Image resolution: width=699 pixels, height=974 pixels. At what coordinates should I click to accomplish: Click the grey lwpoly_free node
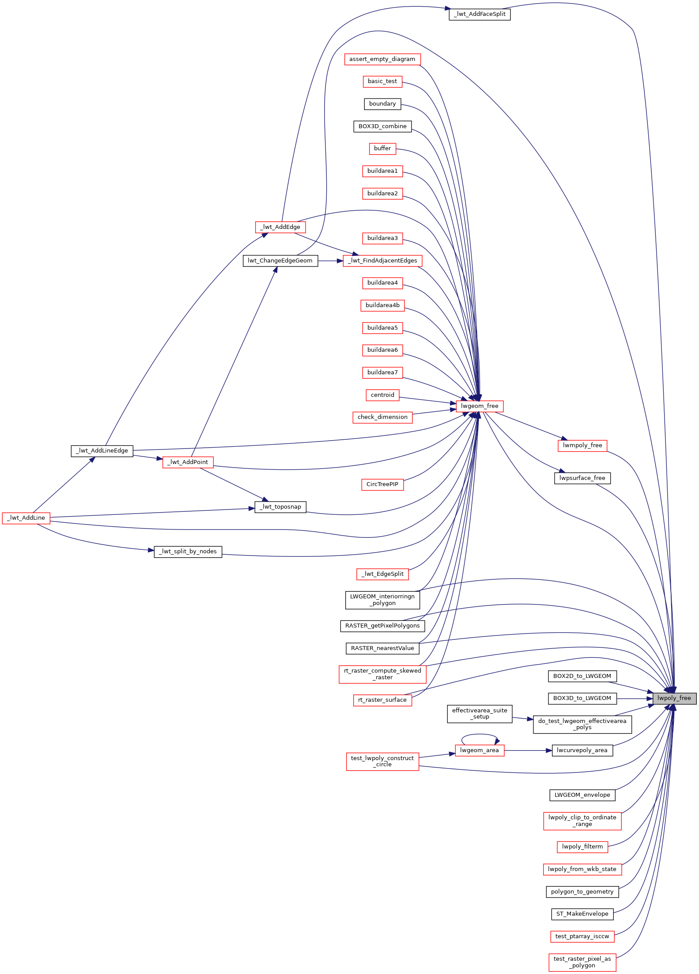point(674,698)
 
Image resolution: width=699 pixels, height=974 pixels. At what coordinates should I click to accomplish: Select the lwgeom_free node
point(480,406)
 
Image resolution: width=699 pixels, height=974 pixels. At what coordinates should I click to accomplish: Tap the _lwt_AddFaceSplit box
point(480,14)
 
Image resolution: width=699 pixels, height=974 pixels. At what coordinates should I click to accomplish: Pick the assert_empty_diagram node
point(382,59)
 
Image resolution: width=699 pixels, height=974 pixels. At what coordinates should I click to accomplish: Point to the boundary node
point(382,104)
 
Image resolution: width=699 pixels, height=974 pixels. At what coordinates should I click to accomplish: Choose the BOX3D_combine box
point(382,126)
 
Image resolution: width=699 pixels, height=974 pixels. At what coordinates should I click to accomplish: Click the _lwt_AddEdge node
point(280,227)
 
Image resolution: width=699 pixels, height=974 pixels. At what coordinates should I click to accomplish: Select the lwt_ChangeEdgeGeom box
point(280,261)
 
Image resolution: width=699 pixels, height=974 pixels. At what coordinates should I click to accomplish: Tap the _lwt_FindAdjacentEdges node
point(382,261)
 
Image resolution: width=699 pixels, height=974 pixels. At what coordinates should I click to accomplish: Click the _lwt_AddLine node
point(26,518)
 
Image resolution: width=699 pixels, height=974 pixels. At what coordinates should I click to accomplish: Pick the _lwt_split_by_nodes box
point(188,552)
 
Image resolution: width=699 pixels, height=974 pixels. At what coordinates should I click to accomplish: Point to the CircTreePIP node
point(382,484)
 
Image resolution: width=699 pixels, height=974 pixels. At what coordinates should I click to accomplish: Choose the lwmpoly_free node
point(582,445)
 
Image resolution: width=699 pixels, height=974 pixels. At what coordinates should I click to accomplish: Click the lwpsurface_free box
point(582,478)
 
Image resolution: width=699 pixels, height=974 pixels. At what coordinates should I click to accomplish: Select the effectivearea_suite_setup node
point(480,714)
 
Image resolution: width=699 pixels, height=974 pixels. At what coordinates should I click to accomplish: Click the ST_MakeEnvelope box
point(582,914)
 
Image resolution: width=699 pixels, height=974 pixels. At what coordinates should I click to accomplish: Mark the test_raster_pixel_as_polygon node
point(582,962)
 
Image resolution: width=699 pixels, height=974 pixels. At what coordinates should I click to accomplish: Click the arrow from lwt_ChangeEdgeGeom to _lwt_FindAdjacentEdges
point(330,261)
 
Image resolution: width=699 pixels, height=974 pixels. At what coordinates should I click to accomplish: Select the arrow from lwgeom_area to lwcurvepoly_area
point(528,750)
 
